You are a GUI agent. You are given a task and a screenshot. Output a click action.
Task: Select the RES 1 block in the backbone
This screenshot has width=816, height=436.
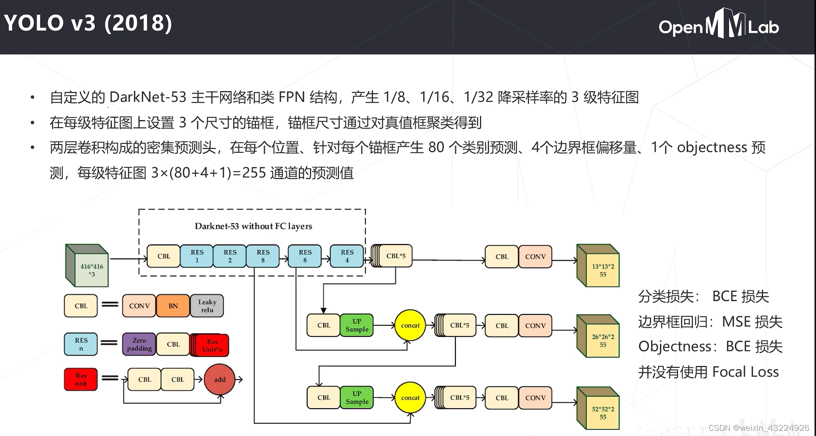pos(197,256)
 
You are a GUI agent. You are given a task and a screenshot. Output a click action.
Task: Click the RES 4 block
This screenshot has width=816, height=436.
pos(347,256)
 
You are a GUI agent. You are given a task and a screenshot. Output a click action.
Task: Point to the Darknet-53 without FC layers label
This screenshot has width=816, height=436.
pos(253,226)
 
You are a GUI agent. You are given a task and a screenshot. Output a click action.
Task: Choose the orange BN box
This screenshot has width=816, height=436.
pos(173,306)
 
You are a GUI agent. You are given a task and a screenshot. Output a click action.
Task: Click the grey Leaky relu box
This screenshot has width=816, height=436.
pos(207,306)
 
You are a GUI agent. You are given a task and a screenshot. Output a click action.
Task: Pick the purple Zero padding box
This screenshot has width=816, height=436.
pos(139,344)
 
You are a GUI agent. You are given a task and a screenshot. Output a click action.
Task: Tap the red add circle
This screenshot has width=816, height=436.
pos(219,380)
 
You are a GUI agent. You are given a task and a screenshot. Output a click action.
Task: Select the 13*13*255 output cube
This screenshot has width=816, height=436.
pos(600,268)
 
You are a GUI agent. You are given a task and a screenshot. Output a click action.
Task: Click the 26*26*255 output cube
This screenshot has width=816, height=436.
pos(600,338)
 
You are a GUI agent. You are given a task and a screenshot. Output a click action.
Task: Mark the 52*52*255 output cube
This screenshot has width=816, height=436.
pos(600,410)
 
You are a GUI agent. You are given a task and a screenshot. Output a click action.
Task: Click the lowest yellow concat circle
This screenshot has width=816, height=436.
pos(410,397)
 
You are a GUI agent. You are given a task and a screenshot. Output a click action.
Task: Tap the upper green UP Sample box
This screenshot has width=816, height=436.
pos(357,325)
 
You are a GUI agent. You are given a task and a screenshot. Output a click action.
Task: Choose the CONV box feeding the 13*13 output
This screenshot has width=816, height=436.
pos(535,257)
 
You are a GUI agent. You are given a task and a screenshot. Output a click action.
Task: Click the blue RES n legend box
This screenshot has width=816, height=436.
pos(81,344)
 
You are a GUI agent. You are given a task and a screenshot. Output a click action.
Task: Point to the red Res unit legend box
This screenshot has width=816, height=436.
pos(81,380)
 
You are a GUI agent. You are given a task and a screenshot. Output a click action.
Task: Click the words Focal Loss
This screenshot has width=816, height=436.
pos(746,372)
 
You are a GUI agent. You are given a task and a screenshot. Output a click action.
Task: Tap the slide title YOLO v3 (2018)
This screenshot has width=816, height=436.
pos(88,23)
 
